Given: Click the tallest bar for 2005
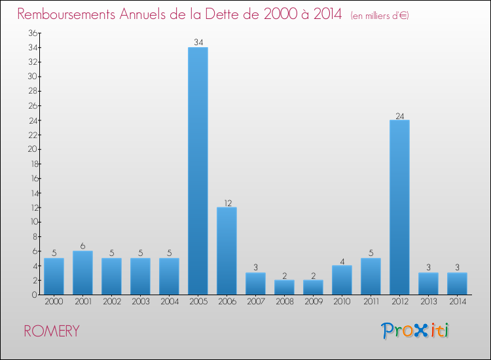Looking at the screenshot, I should (x=198, y=170).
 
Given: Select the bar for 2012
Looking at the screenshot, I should (x=399, y=207).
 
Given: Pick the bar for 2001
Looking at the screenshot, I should (x=82, y=272).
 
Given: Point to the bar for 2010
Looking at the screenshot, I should (x=342, y=279).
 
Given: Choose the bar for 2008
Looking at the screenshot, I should (x=284, y=287).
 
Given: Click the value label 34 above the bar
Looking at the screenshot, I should (x=198, y=43).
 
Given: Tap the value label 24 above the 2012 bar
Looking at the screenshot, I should (x=399, y=116).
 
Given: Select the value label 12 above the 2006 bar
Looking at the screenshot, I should (x=227, y=203).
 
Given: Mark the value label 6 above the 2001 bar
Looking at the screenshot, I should (x=82, y=246).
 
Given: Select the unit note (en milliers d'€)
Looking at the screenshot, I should (x=380, y=15).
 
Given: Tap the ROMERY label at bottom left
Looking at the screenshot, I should (x=52, y=331).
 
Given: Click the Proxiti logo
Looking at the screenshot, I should (x=416, y=331).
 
